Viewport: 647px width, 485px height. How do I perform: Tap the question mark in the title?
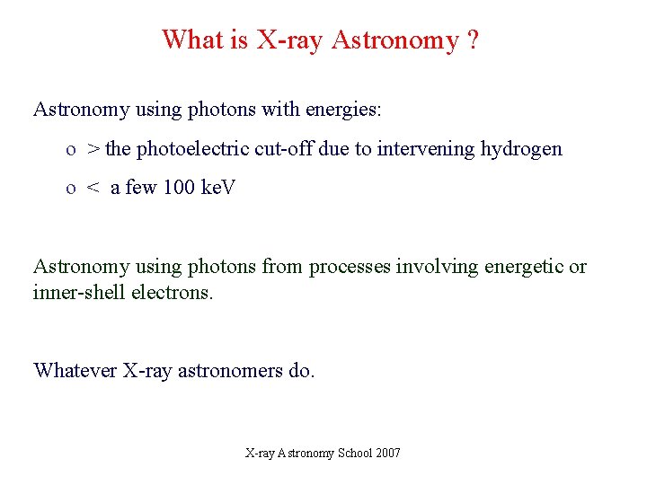click(473, 40)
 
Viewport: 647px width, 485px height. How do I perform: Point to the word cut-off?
click(284, 149)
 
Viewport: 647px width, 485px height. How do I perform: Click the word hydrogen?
click(522, 149)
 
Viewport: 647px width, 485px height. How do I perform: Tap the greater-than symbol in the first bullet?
click(93, 149)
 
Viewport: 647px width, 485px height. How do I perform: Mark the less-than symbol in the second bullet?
click(93, 189)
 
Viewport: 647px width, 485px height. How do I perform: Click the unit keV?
click(217, 189)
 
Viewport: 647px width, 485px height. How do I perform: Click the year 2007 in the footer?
click(388, 453)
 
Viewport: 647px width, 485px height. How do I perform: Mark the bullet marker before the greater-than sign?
click(70, 150)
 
